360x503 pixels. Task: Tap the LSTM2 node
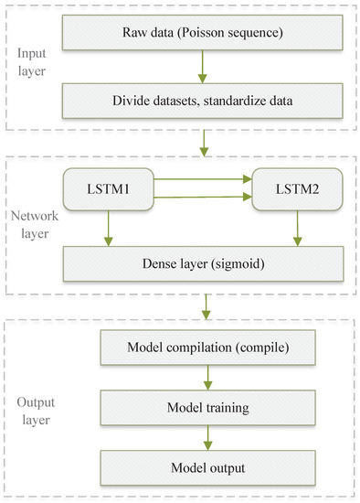point(295,193)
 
